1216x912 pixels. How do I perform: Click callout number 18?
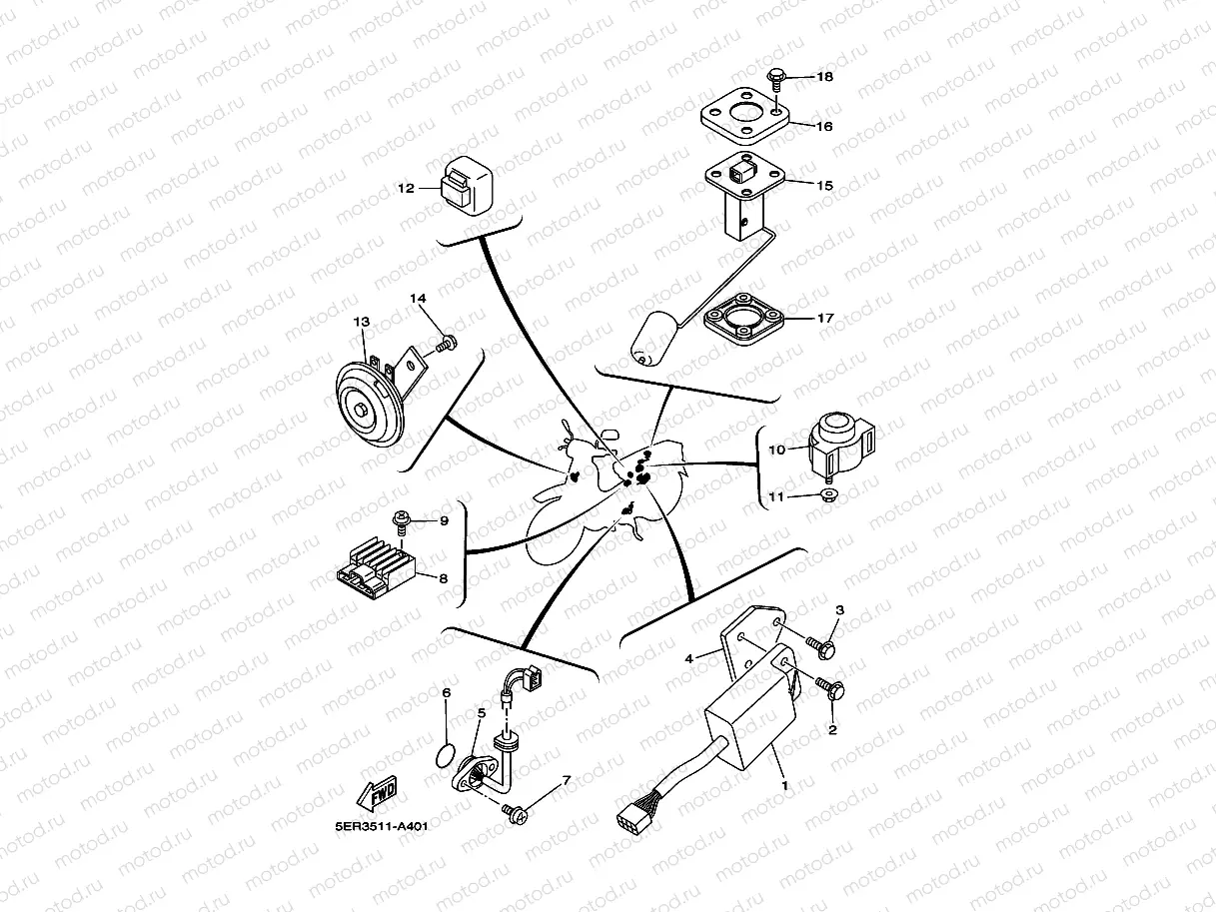[824, 77]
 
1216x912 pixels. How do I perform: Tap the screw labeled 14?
[446, 345]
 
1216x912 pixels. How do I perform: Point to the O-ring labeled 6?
[447, 752]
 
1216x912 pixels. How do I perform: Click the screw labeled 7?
[516, 814]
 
